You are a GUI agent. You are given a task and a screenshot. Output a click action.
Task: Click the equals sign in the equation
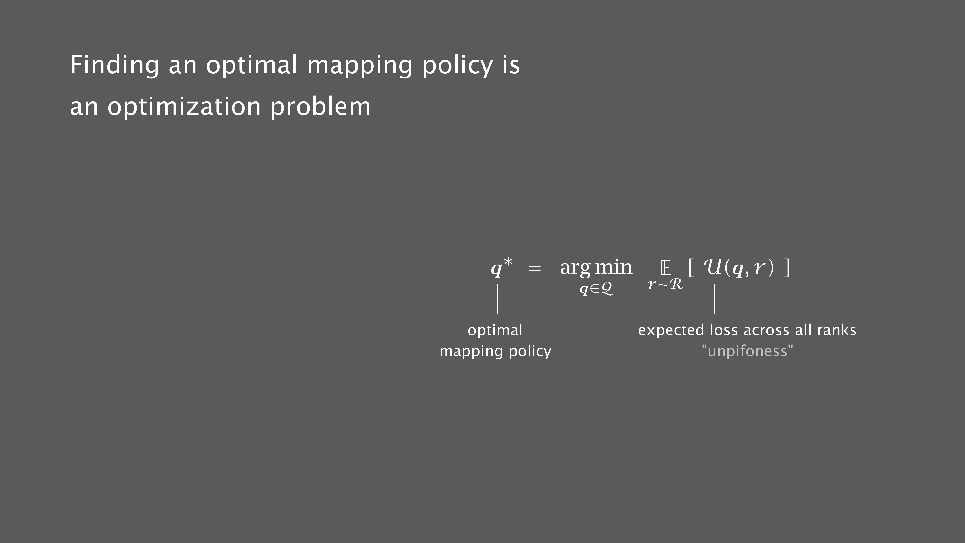point(535,268)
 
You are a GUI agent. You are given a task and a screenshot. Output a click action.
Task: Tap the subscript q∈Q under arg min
point(596,289)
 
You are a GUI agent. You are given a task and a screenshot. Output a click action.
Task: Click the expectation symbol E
point(666,268)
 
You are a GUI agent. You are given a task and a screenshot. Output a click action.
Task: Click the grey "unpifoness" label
point(747,351)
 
